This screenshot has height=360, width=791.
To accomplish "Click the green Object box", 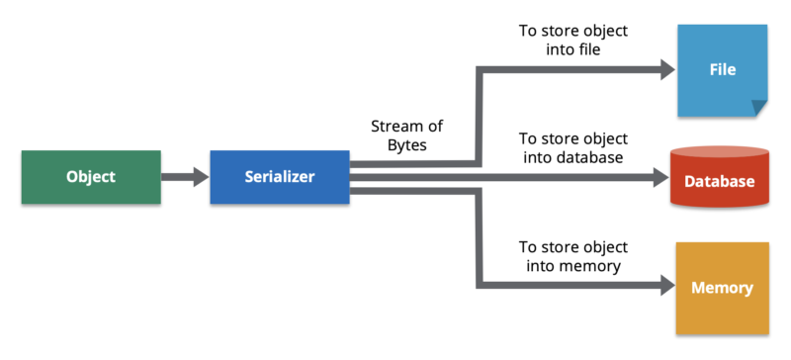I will click(91, 177).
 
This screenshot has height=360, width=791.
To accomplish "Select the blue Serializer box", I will click(280, 177).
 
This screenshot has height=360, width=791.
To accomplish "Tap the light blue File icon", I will click(722, 70).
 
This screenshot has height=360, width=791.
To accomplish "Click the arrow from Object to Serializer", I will click(185, 177).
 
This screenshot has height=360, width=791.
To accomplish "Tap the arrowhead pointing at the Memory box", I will click(664, 288).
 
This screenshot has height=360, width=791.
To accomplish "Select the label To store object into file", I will click(572, 41).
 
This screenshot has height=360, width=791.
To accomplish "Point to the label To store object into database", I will click(572, 147).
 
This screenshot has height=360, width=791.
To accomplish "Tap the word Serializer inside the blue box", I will click(280, 177).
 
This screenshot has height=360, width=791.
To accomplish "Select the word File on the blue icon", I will click(723, 70).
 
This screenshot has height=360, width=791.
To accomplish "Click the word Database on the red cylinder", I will click(719, 182).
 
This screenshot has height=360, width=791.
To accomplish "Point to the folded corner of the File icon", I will click(757, 106).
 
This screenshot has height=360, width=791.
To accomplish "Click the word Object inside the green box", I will click(91, 177).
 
